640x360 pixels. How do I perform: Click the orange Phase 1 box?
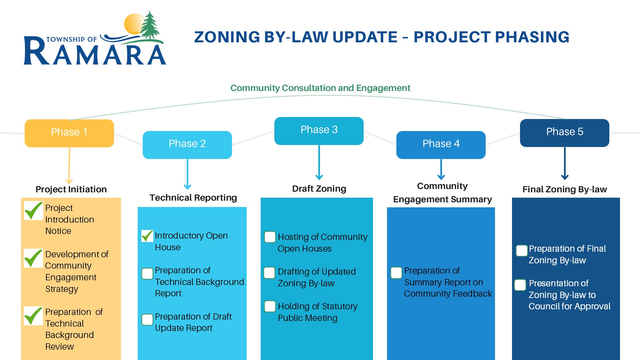tap(69, 133)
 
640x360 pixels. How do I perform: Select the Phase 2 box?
tap(187, 145)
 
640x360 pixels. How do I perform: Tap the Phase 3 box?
tap(319, 131)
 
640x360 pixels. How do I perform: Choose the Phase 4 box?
tap(441, 145)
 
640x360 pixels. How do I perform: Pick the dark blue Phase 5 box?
tap(565, 133)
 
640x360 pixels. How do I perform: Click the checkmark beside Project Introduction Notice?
tap(33, 211)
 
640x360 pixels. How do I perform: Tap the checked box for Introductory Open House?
tap(147, 236)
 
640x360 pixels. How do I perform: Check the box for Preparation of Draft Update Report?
tap(147, 320)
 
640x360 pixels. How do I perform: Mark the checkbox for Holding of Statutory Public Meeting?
tap(270, 306)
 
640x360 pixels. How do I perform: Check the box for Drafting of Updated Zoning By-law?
tap(269, 273)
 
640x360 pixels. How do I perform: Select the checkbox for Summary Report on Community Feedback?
tap(396, 273)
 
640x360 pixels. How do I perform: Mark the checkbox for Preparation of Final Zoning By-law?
tap(522, 250)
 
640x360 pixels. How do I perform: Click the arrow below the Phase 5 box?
tap(565, 164)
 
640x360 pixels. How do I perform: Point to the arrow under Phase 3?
tap(319, 163)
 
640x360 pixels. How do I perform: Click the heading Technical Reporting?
tap(193, 198)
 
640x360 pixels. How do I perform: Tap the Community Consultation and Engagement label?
tap(320, 88)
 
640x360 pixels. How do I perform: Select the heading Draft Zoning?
tap(319, 189)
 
